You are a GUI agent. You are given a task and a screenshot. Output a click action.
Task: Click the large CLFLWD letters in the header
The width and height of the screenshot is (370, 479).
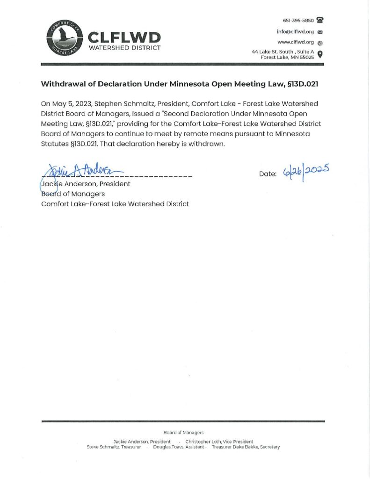tap(124, 37)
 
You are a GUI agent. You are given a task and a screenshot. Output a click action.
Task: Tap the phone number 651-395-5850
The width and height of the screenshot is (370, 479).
tap(298, 21)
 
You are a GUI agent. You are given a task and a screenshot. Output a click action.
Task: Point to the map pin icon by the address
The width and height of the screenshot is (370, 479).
tap(320, 54)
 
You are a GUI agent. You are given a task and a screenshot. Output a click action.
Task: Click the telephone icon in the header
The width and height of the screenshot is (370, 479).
tap(320, 20)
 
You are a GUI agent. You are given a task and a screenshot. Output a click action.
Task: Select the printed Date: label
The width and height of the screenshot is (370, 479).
tap(268, 174)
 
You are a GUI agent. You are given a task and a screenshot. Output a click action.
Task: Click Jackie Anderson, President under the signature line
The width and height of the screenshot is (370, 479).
tap(86, 184)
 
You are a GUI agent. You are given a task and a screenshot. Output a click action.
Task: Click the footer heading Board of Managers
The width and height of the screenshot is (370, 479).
tap(183, 433)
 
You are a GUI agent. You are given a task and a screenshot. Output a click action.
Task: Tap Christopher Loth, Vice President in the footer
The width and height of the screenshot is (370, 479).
tap(219, 442)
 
